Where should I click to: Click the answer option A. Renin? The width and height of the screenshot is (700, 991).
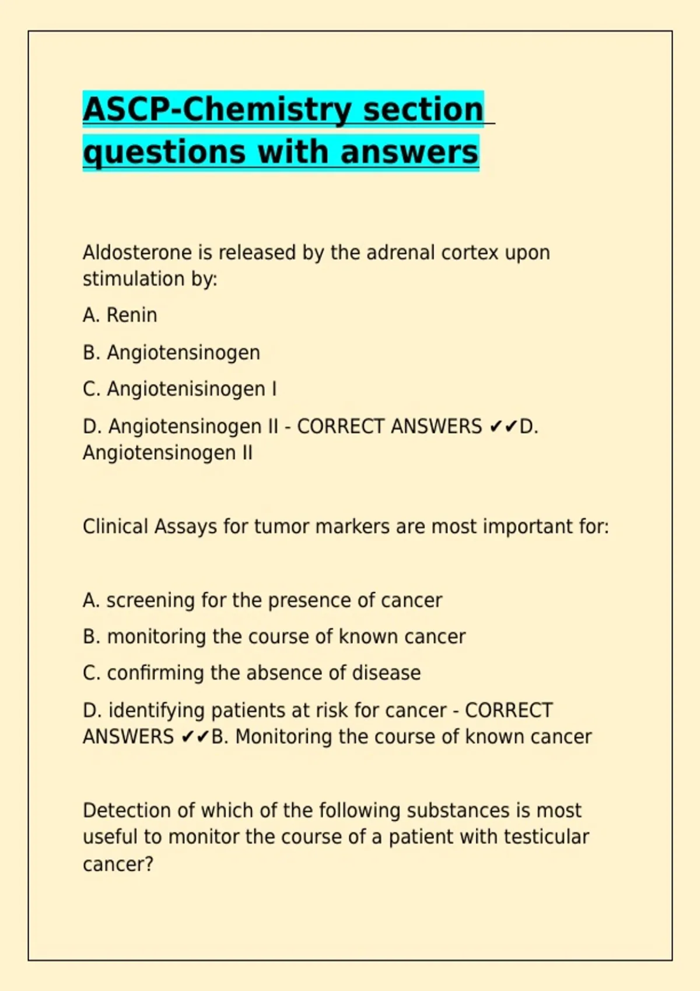click(120, 315)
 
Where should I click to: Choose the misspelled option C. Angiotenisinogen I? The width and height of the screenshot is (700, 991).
click(180, 389)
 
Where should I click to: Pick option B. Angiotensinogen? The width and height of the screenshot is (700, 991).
click(171, 353)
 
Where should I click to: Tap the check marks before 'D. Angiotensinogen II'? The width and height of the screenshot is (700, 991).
click(503, 427)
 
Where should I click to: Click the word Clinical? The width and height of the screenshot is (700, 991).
click(116, 527)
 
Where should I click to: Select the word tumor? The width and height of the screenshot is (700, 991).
click(282, 527)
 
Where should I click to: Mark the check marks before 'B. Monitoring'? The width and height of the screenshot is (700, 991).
click(195, 737)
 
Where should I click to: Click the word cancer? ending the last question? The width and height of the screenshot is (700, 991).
click(118, 864)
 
